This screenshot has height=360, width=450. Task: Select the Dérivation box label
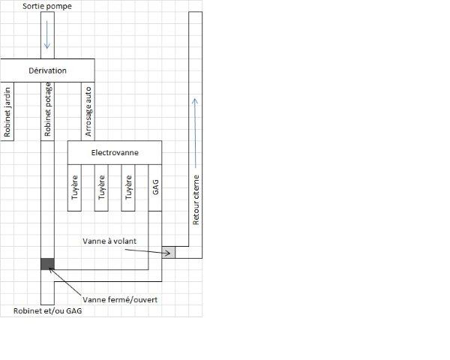click(x=46, y=70)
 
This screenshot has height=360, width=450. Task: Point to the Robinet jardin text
click(x=7, y=113)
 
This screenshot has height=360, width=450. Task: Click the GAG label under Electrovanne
click(x=155, y=188)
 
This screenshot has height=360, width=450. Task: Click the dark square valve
click(x=47, y=263)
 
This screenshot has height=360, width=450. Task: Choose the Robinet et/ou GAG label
click(x=47, y=311)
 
